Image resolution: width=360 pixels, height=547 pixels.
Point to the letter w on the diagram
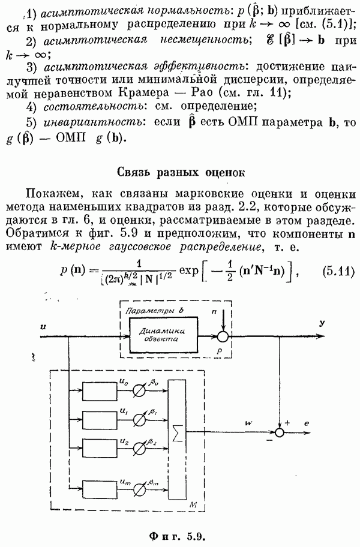(247, 423)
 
